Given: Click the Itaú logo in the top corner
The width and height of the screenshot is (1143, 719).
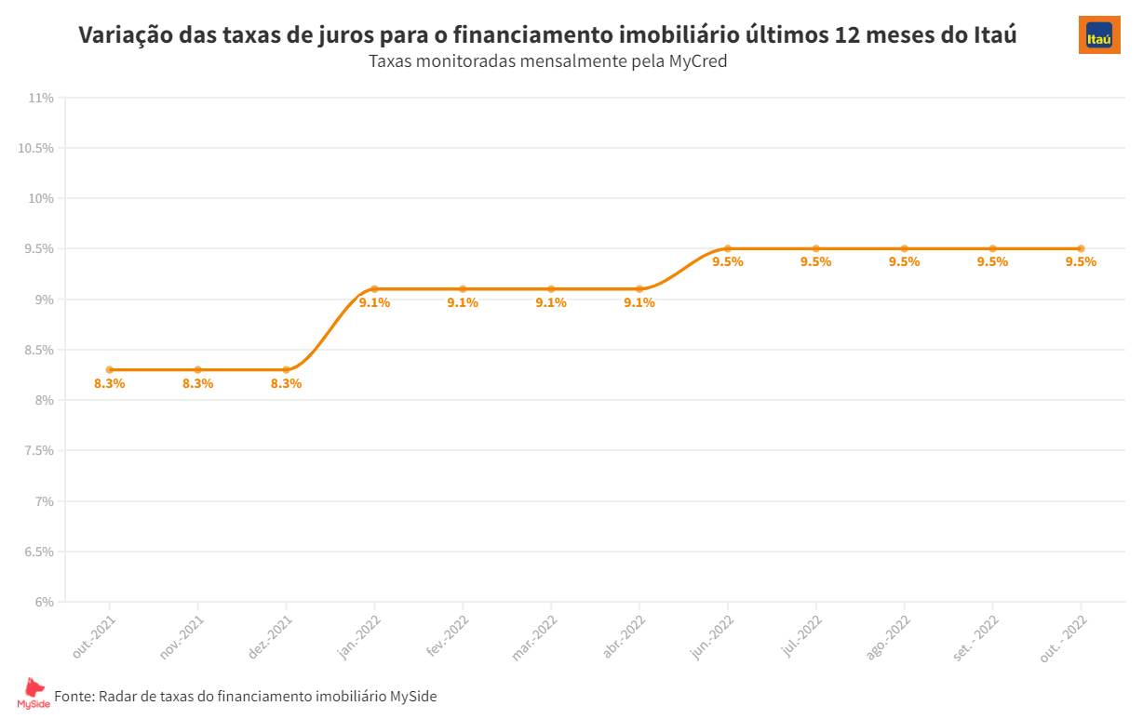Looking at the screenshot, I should coord(1099,34).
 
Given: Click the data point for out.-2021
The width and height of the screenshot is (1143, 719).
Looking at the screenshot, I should coord(110,370).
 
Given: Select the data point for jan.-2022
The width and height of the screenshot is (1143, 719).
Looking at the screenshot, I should coord(374,289).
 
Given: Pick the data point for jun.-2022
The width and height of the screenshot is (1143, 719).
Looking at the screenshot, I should coord(728,248).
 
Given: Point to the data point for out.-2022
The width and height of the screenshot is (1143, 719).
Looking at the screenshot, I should coord(1081,248).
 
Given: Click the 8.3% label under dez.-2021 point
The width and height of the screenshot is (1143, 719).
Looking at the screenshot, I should coord(286,384).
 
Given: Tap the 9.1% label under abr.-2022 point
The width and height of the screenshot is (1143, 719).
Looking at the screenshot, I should coord(639,303).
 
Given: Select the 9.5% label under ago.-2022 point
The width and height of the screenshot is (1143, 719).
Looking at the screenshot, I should coord(904,262).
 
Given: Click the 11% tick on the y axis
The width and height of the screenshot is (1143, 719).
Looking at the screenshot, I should coord(41,98).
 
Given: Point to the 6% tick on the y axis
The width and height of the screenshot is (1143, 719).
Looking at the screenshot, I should coord(44,602).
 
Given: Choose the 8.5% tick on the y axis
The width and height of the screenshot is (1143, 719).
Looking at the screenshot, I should coord(38,350).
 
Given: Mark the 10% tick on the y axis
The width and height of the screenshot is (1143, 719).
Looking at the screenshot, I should coord(41,198).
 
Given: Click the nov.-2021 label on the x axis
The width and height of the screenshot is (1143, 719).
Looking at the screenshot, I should coord(182,637).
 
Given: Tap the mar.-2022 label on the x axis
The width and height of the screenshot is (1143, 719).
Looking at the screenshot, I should coord(535,637).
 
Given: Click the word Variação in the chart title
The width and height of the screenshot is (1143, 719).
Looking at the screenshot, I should coord(123,35).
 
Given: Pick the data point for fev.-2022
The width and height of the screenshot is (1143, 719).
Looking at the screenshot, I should coord(463,289).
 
